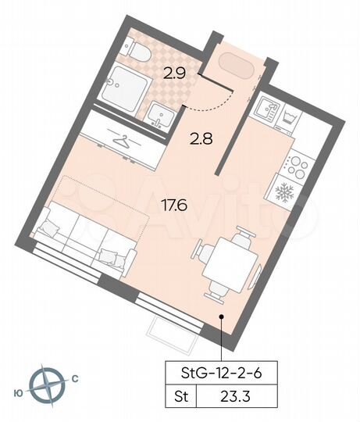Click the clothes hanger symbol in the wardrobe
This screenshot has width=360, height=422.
[x=120, y=141]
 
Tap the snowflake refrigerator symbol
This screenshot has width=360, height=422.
[x=284, y=192]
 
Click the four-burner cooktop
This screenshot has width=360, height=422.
[x=294, y=165]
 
